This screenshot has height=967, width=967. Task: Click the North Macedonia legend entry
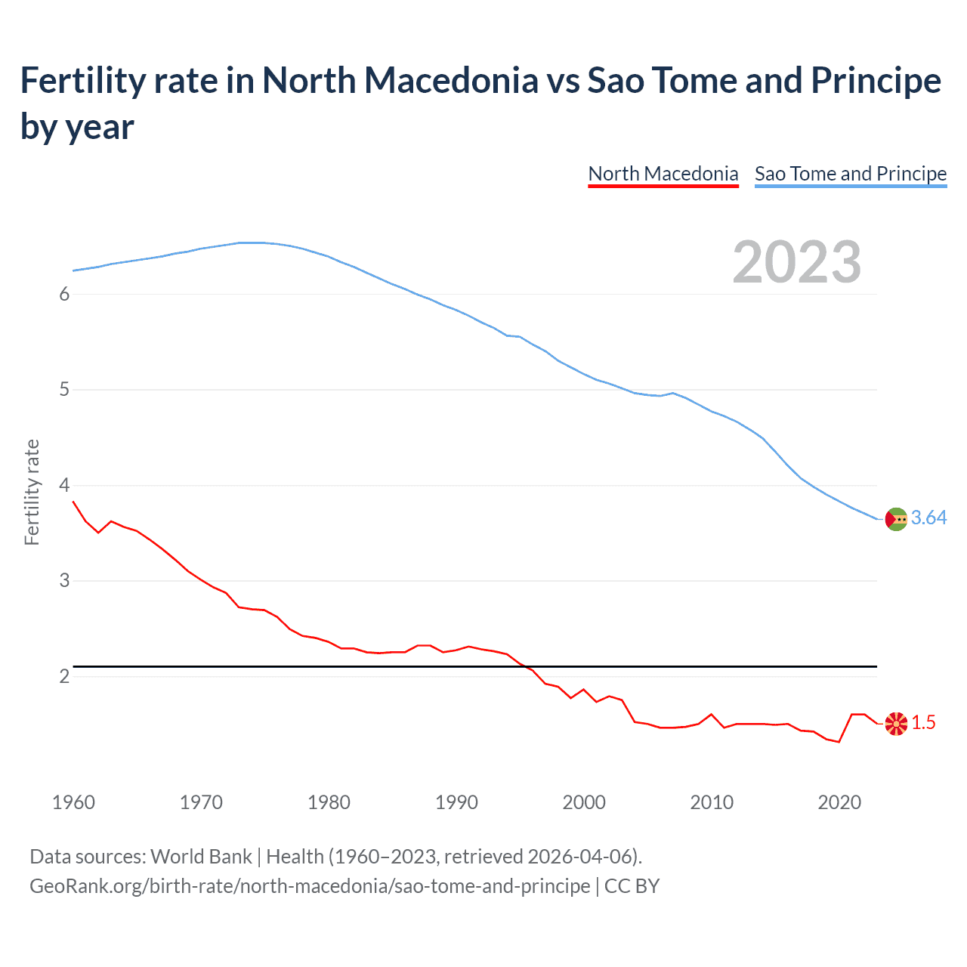pyautogui.click(x=663, y=174)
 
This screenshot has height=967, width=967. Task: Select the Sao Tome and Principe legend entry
pyautogui.click(x=850, y=174)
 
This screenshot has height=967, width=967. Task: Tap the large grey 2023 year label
pyautogui.click(x=796, y=261)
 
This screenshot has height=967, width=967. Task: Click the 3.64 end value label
pyautogui.click(x=928, y=518)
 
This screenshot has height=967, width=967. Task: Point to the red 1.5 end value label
pyautogui.click(x=923, y=723)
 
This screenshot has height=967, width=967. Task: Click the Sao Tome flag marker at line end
pyautogui.click(x=896, y=519)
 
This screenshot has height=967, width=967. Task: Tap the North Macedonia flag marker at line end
pyautogui.click(x=896, y=724)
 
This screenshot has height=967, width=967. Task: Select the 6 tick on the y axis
pyautogui.click(x=64, y=295)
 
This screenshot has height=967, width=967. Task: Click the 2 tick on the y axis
pyautogui.click(x=64, y=676)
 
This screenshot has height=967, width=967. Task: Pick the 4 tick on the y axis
pyautogui.click(x=64, y=485)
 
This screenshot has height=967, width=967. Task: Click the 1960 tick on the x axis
pyautogui.click(x=73, y=802)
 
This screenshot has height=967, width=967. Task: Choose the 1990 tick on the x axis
pyautogui.click(x=456, y=802)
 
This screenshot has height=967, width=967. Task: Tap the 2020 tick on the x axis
pyautogui.click(x=839, y=802)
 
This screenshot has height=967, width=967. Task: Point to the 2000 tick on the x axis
pyautogui.click(x=584, y=802)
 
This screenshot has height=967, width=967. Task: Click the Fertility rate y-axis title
pyautogui.click(x=32, y=492)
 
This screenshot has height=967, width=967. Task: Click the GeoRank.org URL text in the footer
pyautogui.click(x=310, y=886)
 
